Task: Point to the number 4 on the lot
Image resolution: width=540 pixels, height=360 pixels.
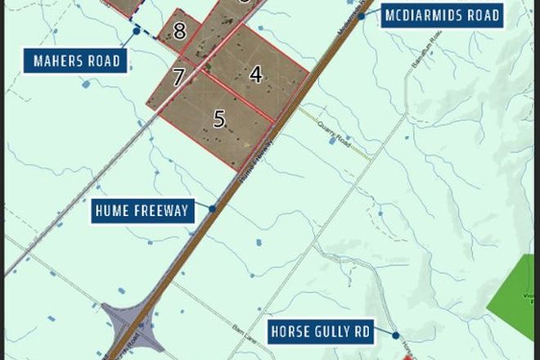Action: [256, 74]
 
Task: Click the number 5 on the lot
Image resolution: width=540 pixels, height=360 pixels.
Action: [218, 119]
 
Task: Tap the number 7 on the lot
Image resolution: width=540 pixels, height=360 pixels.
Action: [179, 78]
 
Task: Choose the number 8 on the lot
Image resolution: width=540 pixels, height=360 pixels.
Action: [179, 31]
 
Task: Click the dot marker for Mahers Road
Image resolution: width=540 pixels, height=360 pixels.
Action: [137, 31]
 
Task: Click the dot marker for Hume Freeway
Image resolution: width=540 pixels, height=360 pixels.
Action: [212, 209]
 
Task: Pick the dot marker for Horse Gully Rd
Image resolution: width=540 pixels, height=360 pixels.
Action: [395, 334]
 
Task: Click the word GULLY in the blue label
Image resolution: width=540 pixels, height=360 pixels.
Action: [322, 333]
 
